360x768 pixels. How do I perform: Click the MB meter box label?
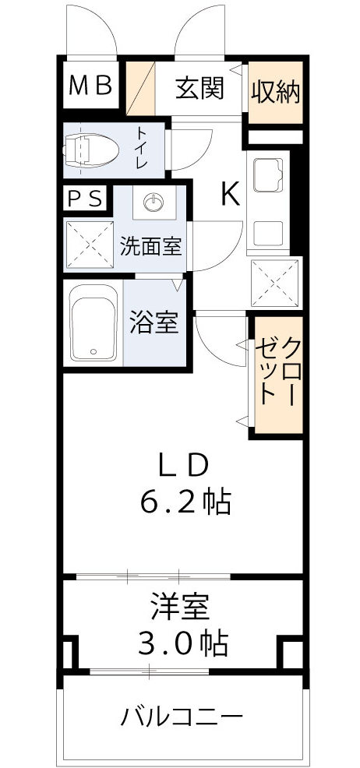click(x=91, y=86)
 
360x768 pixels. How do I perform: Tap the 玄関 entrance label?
click(x=199, y=88)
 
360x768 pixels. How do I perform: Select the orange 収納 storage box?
click(x=275, y=91)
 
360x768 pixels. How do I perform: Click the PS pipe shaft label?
click(x=84, y=199)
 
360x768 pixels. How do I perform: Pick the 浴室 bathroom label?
click(x=154, y=322)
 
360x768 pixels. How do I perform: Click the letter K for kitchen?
click(x=229, y=193)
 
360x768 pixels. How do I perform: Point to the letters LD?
click(x=183, y=465)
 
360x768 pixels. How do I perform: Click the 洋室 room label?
click(x=183, y=605)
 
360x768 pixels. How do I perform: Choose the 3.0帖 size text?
click(x=183, y=643)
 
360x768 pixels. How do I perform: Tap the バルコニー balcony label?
click(x=182, y=716)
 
